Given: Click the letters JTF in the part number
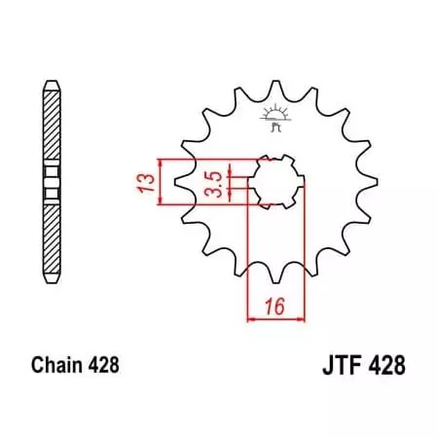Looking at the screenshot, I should pyautogui.click(x=338, y=367).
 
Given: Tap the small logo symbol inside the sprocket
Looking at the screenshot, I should pyautogui.click(x=273, y=119).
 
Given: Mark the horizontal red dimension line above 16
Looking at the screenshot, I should pyautogui.click(x=277, y=317).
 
